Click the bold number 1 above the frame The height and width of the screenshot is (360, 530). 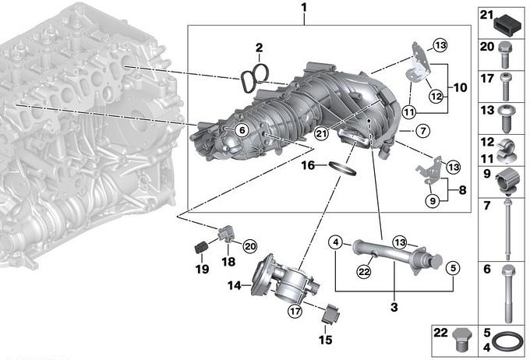coord(304,7)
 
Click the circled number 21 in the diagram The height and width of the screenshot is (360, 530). coord(321,133)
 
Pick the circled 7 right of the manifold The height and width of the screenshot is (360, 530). coord(423,130)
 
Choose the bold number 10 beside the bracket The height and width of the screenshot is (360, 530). coord(460,87)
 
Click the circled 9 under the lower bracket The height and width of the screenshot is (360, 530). coord(433,201)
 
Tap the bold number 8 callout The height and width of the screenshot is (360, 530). coord(462,190)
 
